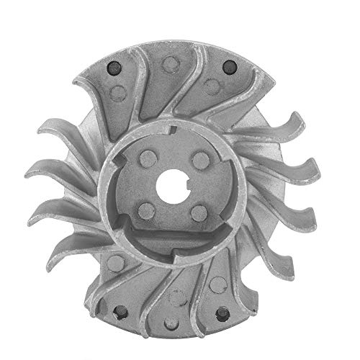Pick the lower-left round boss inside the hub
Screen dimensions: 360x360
click(x=146, y=209)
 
